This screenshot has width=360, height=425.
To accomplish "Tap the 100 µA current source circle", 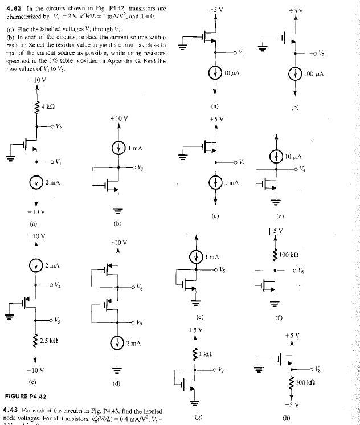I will (x=295, y=75).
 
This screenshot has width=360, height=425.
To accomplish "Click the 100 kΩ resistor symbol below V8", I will (x=294, y=382).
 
